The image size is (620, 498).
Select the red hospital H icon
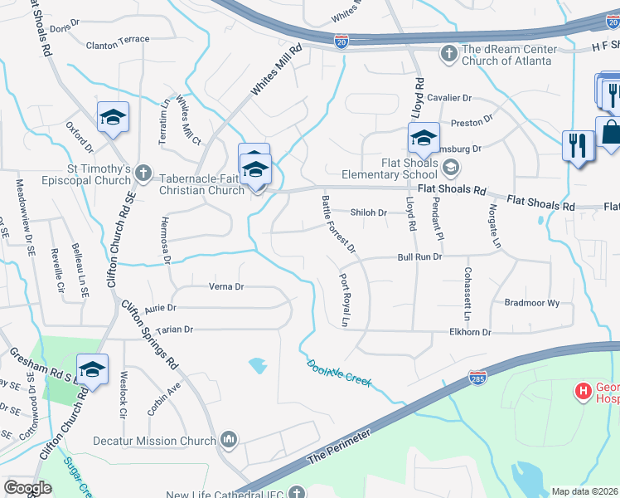pos(583,389)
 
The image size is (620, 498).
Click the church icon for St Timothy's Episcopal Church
pos(143,173)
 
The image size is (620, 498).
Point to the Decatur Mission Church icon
pos(228,439)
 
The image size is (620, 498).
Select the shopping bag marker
pos(611,133)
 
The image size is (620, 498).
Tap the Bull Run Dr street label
pos(419,258)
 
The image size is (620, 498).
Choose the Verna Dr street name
pos(226,287)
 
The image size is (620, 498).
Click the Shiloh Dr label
pos(369,212)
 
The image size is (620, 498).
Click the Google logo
pos(27,488)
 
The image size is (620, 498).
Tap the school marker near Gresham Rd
pos(92,369)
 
